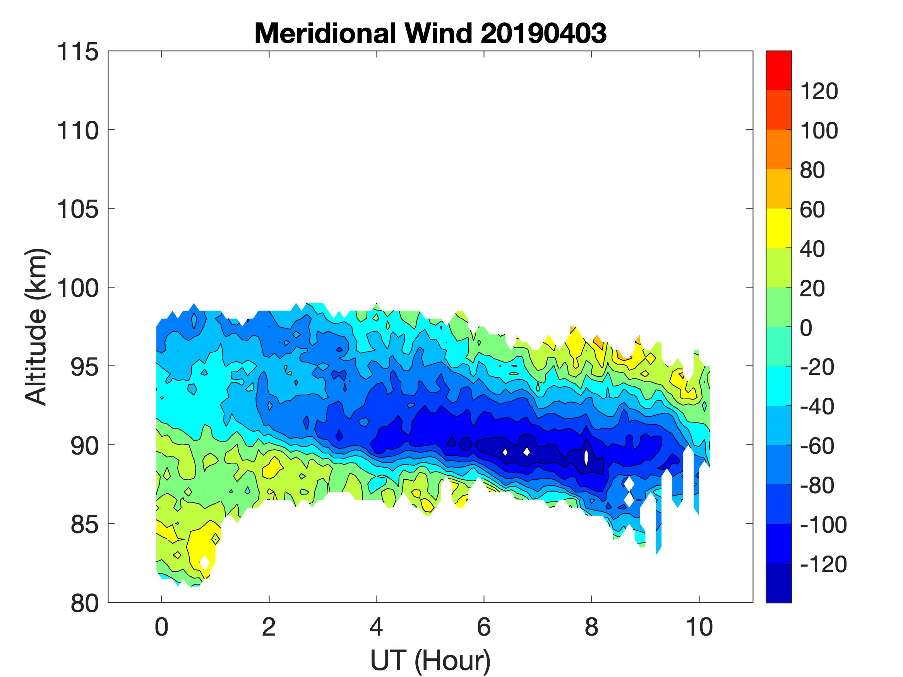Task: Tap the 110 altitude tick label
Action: point(78,131)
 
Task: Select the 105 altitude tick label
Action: point(78,210)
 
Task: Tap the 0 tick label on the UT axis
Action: point(162,627)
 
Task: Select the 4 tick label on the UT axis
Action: point(376,627)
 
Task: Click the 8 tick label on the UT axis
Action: point(591,627)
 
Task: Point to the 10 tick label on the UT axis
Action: point(699,627)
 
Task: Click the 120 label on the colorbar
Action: point(819,91)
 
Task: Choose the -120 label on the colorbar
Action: point(823,564)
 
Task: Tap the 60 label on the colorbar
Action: point(813,210)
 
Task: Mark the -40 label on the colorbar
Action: point(817,407)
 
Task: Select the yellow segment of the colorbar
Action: point(778,228)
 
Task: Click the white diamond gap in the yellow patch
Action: point(204,562)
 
